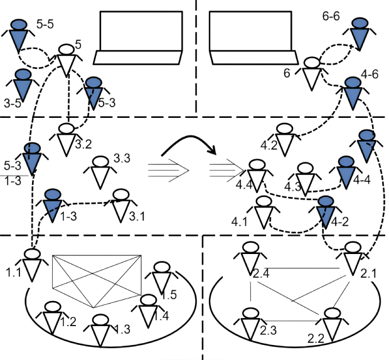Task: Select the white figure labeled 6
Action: pos(312,71)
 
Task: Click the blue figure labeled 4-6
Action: pos(353,91)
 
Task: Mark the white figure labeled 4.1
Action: pos(264,210)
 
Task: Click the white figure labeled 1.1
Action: pos(32,262)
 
